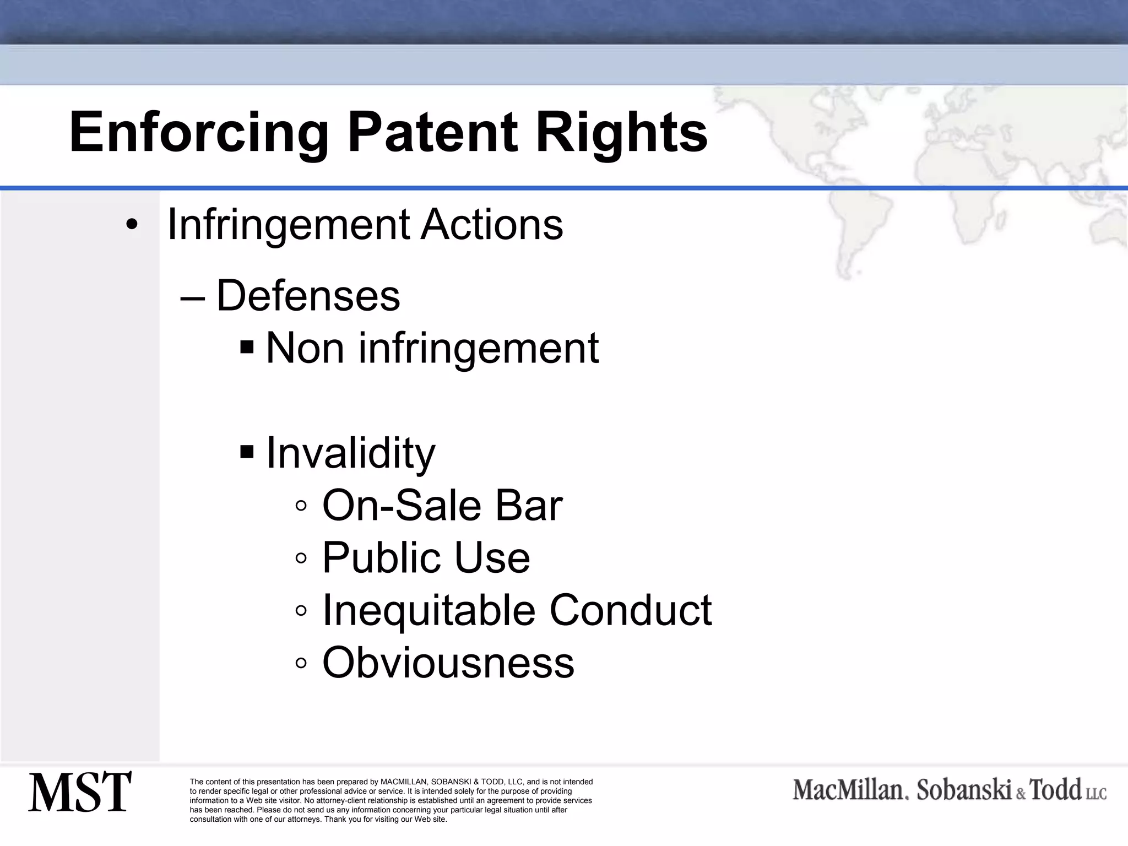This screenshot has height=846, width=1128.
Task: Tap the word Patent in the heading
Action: tap(432, 133)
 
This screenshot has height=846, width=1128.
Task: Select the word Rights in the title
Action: tap(621, 133)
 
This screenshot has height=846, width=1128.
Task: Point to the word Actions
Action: tap(491, 225)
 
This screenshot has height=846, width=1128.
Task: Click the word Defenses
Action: tap(308, 296)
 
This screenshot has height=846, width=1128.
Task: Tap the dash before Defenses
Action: tap(193, 298)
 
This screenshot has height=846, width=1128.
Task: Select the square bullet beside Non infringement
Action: tap(247, 348)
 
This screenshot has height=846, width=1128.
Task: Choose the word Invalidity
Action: tap(350, 453)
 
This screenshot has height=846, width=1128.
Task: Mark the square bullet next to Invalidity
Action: tap(247, 452)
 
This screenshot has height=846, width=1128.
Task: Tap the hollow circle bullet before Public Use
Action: tap(301, 558)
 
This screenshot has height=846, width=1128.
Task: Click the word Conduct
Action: tap(630, 610)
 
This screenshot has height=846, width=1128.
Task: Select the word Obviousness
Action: tap(448, 663)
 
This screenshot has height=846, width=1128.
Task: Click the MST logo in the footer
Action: tap(80, 791)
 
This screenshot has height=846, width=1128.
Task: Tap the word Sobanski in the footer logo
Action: tap(964, 790)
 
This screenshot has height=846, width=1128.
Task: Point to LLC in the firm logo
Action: tap(1096, 793)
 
